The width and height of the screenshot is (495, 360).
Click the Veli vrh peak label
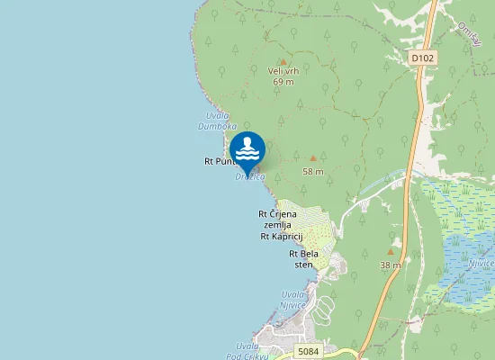coord(283,70)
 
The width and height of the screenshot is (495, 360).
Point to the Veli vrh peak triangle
coord(283,61)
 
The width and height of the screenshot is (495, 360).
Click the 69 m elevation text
coord(283,81)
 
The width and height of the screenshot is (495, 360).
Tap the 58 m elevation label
coord(312,171)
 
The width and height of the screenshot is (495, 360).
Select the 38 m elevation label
coord(390,265)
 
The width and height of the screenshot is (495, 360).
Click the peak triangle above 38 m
coord(390,253)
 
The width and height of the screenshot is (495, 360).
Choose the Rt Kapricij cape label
coord(281,236)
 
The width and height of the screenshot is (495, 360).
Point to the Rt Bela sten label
coord(301,259)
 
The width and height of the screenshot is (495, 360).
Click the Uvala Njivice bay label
coord(293,300)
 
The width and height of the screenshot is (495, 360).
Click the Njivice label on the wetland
coord(481,264)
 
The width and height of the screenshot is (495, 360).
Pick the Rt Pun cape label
coord(218,162)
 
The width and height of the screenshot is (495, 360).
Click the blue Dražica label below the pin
coord(250,177)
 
